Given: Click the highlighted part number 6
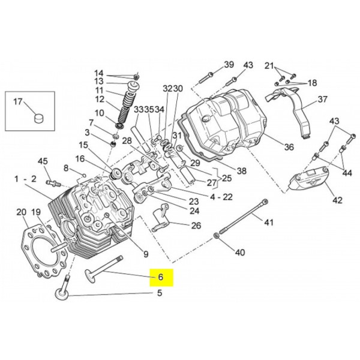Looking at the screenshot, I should click(160, 278).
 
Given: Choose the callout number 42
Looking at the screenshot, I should click(337, 200).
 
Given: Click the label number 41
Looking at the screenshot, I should click(269, 223).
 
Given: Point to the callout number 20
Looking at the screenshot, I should click(21, 212).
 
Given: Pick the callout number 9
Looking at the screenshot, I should click(145, 253).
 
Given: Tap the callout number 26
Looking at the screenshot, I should click(196, 226).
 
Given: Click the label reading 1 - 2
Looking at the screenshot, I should click(25, 179).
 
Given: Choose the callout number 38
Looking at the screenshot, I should click(241, 171).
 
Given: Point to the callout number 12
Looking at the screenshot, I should click(100, 100).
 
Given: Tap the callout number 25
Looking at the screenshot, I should click(225, 178).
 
